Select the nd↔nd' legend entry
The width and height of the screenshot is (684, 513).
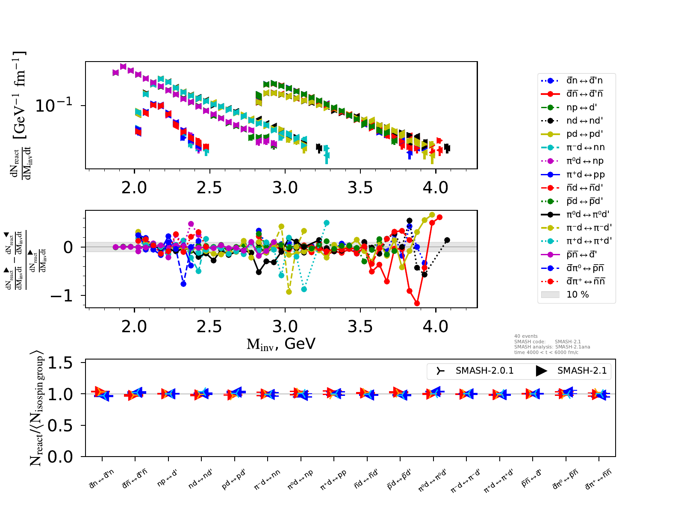[x=584, y=121]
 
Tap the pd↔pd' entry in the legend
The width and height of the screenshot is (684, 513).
[x=584, y=134]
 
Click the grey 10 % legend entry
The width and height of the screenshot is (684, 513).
[x=578, y=295]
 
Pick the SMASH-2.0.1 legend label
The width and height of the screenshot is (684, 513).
[x=484, y=371]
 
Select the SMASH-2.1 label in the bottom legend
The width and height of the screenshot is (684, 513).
[x=582, y=371]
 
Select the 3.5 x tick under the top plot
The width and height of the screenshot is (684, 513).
[x=360, y=188]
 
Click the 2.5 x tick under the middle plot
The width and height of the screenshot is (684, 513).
[x=209, y=327]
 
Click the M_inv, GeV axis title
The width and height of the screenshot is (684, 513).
[x=281, y=344]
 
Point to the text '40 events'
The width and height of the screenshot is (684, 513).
[x=526, y=336]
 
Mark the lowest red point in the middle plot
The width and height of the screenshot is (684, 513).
[x=417, y=304]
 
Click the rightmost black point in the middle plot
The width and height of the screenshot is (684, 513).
[x=447, y=240]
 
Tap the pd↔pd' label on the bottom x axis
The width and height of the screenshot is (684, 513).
[x=233, y=479]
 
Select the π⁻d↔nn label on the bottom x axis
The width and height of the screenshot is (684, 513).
[x=267, y=479]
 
